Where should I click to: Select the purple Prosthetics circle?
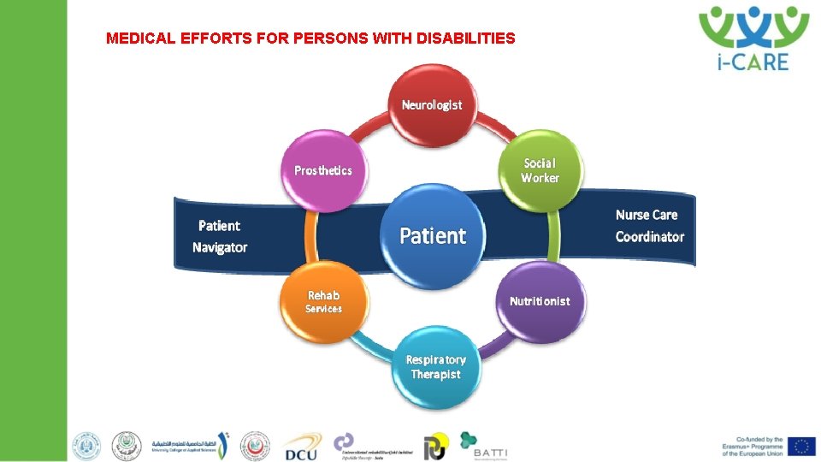point(323,170)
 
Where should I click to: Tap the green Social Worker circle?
point(540,170)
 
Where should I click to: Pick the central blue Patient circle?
point(433,235)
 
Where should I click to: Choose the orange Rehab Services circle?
point(323,301)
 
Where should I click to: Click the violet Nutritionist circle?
point(540,301)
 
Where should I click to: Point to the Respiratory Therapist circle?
point(435,367)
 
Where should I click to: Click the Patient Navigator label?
point(220,236)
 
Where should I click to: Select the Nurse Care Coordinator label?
point(649,226)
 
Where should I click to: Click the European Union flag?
point(801,446)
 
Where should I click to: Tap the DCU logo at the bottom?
point(302,447)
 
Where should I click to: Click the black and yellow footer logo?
point(434,447)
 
